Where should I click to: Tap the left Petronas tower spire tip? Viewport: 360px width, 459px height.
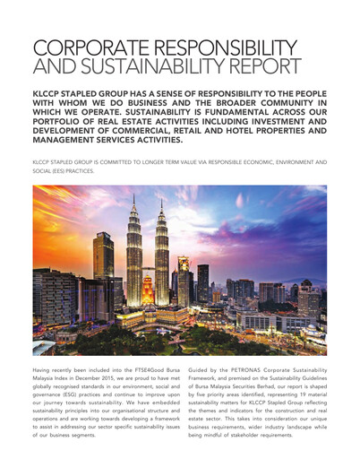tap(136, 192)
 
